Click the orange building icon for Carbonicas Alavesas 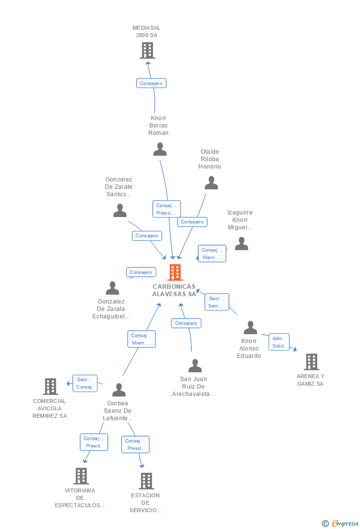point(175,272)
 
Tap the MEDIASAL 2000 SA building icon point(147,50)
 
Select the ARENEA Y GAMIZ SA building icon point(311,362)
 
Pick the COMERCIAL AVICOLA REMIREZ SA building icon point(50,387)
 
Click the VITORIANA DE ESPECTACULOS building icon point(81,476)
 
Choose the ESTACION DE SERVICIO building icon point(146,481)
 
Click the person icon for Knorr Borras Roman point(160,149)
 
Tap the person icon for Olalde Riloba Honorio point(211,183)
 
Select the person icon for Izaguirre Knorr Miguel point(241,244)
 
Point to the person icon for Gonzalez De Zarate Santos point(120,211)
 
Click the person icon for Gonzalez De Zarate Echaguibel point(112,288)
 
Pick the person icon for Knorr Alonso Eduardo point(250,328)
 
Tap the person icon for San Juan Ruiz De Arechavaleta point(195,366)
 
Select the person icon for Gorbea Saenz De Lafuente point(119,390)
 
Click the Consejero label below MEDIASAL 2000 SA point(151,84)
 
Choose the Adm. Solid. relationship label point(278,342)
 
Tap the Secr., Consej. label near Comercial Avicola point(85,383)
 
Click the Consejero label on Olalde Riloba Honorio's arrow point(192,222)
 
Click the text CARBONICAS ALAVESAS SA point(174,290)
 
